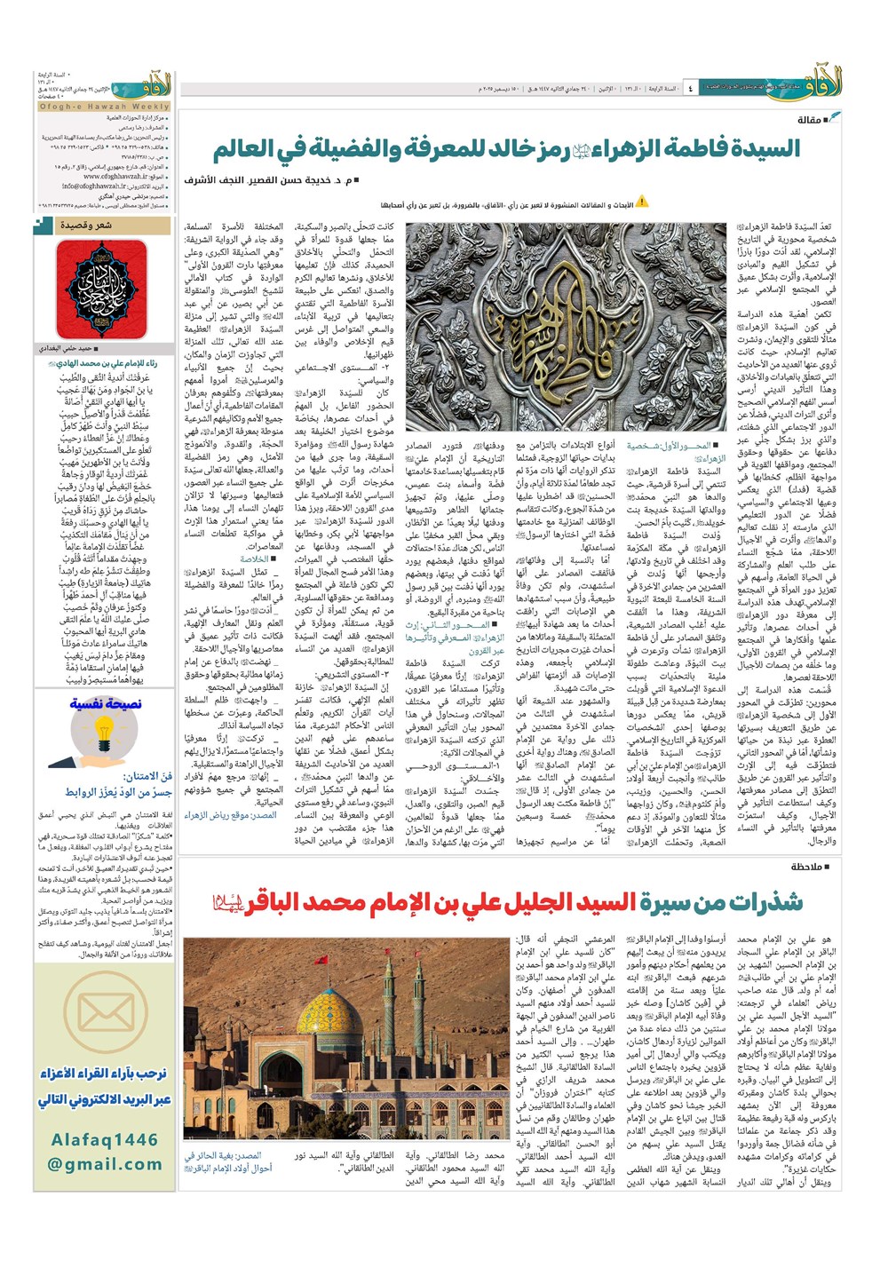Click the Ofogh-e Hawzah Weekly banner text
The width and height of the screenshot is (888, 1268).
click(x=104, y=107)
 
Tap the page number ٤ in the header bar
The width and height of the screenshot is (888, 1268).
click(x=690, y=89)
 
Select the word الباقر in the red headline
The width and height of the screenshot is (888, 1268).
click(x=284, y=903)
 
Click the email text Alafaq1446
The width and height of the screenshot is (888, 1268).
click(x=104, y=1139)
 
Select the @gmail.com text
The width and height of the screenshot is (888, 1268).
click(x=105, y=1164)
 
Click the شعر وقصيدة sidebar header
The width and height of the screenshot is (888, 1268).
click(x=86, y=226)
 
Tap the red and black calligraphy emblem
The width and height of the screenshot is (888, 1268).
click(x=103, y=289)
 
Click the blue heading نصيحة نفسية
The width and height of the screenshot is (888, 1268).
click(x=105, y=704)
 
